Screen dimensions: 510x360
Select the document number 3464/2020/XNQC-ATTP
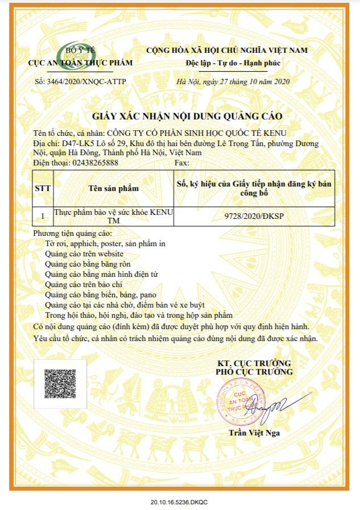click(x=81, y=81)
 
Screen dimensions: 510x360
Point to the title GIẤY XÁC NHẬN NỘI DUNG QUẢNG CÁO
click(x=180, y=117)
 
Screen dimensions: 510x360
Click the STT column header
click(x=42, y=188)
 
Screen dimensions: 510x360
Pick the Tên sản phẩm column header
click(x=113, y=188)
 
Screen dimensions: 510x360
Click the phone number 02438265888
click(x=92, y=162)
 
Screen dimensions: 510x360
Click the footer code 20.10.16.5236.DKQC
click(x=180, y=503)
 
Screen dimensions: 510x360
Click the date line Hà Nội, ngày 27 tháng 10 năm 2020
click(x=233, y=81)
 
